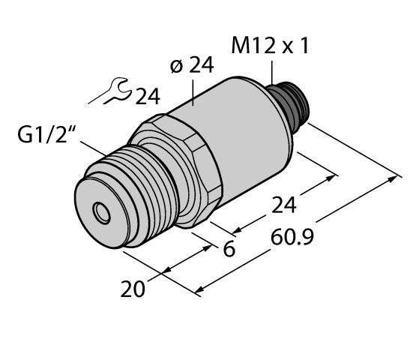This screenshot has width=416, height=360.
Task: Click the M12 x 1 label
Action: [271, 48]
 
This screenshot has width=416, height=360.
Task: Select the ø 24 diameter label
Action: [192, 66]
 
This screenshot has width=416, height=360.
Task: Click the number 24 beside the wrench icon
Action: [146, 95]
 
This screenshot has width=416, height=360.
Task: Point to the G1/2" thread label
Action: [49, 138]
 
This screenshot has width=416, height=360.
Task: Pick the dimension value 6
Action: [230, 250]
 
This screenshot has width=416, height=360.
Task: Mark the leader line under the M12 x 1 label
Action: [271, 73]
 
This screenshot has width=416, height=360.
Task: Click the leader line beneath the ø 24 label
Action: [194, 93]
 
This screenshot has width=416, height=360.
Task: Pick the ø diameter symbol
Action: [177, 66]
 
